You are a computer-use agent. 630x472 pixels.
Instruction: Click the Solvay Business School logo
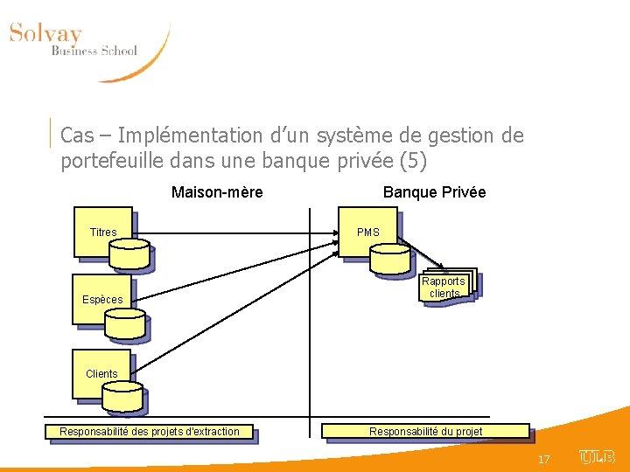click(x=83, y=48)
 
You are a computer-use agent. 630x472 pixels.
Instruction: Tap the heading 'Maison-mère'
click(x=217, y=192)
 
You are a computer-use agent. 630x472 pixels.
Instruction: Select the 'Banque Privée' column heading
click(x=434, y=192)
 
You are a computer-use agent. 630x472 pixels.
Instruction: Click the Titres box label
click(x=103, y=233)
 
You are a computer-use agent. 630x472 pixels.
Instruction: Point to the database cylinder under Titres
click(x=129, y=253)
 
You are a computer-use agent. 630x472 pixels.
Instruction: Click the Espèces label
click(x=102, y=300)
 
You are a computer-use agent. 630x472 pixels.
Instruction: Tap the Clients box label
click(x=101, y=374)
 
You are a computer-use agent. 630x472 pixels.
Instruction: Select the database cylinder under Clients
click(x=122, y=399)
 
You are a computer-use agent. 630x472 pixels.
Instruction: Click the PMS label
click(x=368, y=233)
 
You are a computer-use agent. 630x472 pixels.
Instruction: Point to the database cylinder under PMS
click(x=389, y=258)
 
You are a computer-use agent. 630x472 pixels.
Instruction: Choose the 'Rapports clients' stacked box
click(x=445, y=287)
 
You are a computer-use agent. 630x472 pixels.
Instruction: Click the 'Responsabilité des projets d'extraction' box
click(x=150, y=432)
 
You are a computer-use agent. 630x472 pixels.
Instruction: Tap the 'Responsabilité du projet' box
click(x=426, y=432)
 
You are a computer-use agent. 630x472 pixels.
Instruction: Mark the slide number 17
click(x=544, y=459)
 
